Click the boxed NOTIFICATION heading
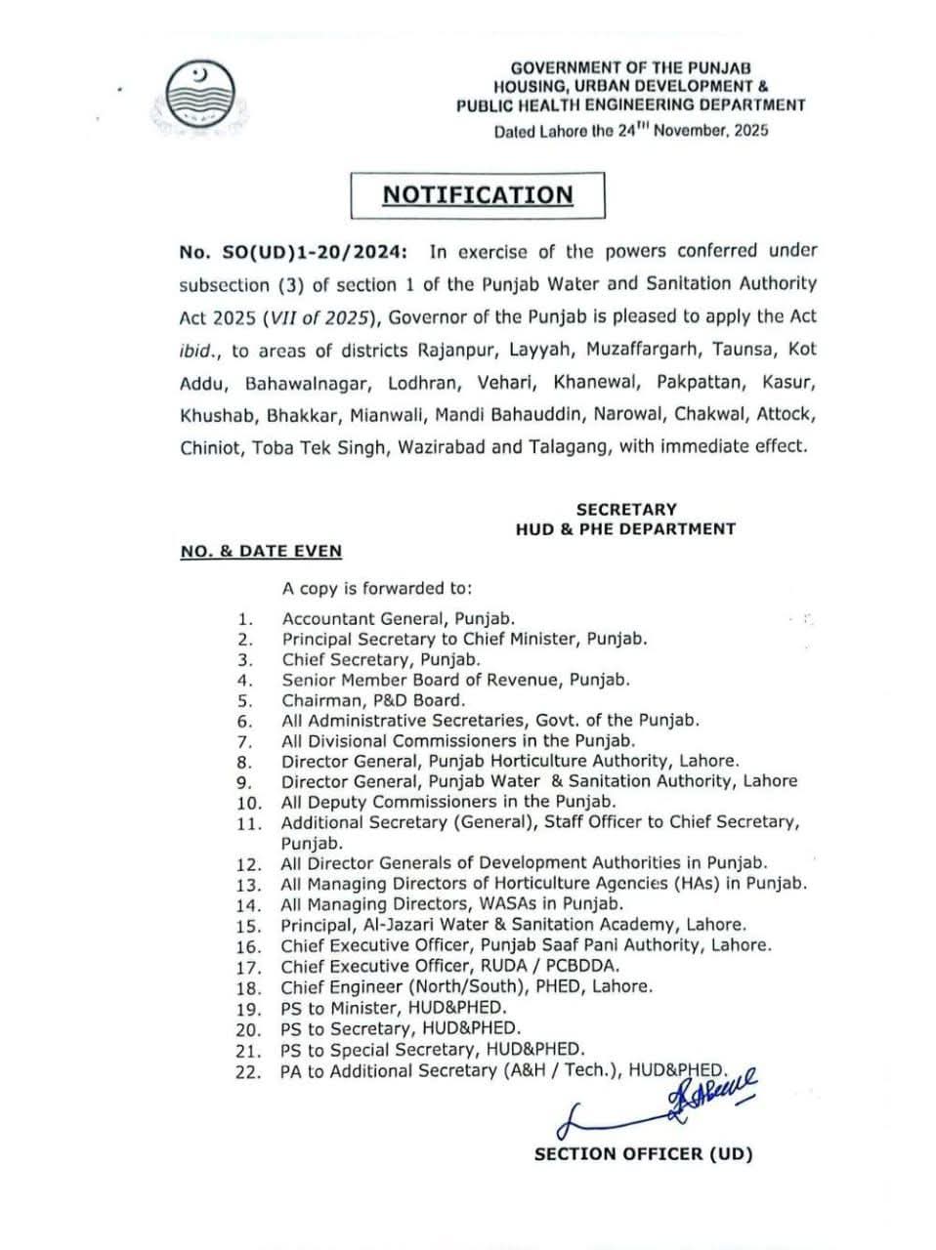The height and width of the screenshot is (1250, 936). click(478, 194)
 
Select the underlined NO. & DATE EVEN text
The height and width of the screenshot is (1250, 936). click(261, 551)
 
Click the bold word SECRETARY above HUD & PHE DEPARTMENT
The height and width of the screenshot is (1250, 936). click(625, 509)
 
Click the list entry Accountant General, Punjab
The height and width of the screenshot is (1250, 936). click(398, 618)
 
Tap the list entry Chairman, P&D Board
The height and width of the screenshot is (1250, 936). click(373, 700)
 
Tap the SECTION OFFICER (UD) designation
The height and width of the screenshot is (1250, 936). click(643, 1153)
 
